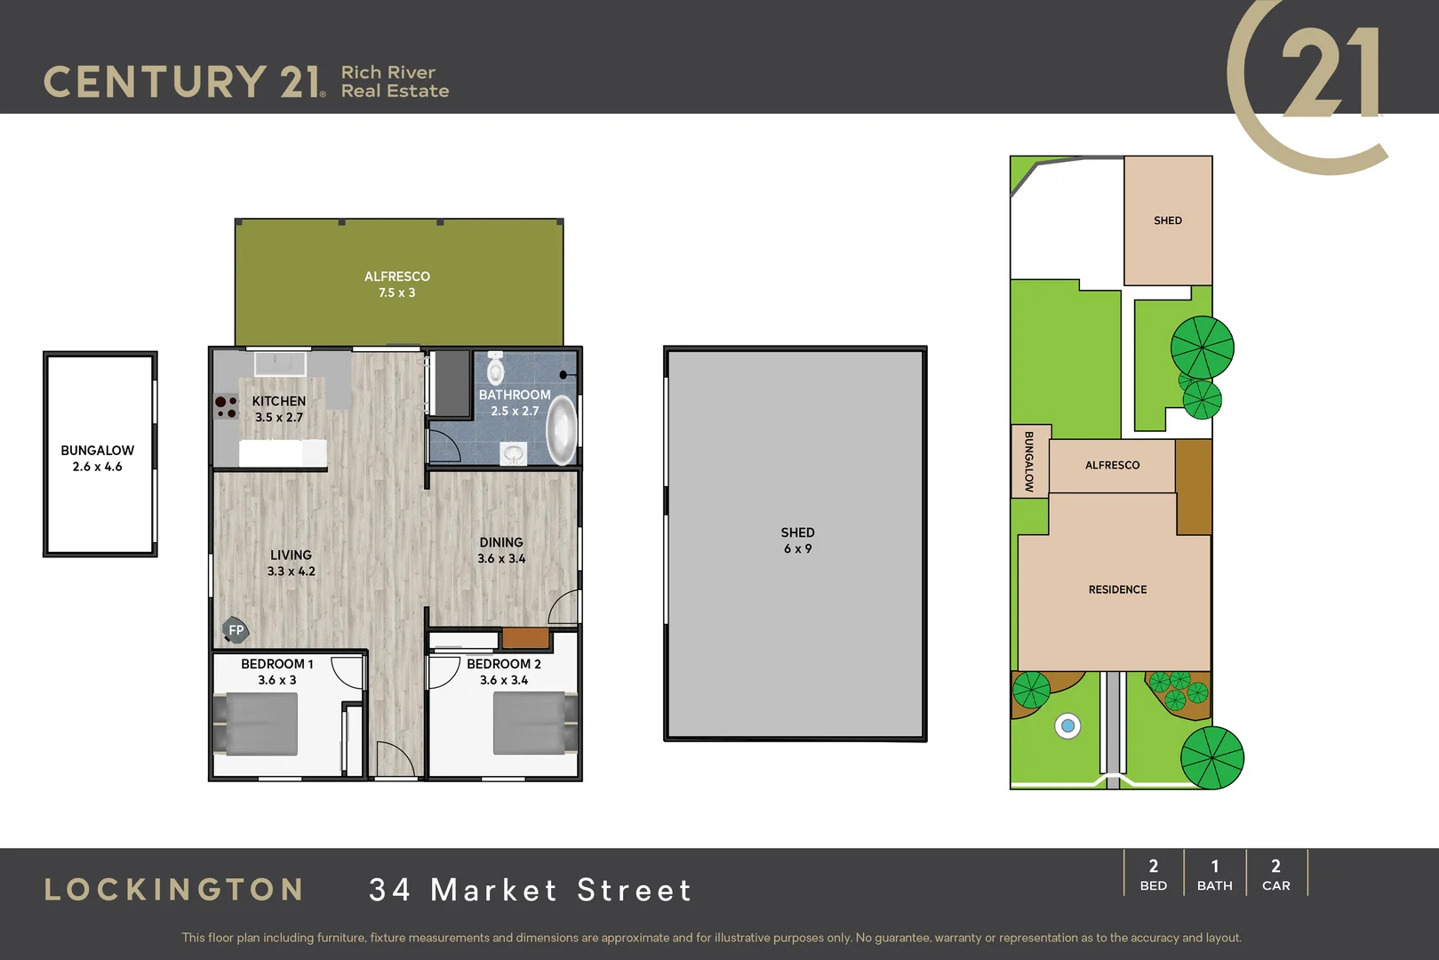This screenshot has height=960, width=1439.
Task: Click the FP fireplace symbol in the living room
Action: [236, 630]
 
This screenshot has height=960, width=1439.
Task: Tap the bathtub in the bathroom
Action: [561, 430]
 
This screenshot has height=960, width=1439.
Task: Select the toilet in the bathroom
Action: [496, 368]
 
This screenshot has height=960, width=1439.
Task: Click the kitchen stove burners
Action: [227, 407]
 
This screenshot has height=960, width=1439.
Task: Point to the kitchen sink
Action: [280, 363]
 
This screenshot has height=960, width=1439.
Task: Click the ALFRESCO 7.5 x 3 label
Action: [397, 284]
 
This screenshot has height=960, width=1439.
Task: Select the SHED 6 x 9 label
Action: [797, 540]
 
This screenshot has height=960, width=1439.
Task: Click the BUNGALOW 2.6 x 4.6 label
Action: [98, 458]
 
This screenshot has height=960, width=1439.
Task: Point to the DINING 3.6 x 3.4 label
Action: [501, 550]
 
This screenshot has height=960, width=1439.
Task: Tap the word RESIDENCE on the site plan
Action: [1117, 589]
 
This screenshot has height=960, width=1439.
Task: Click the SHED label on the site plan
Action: [1168, 220]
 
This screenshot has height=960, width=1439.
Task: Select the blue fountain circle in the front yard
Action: [1067, 726]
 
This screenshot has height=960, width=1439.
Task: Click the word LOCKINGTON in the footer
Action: [174, 890]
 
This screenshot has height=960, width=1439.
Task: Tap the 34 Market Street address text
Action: [531, 890]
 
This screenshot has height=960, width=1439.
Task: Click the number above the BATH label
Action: [1215, 867]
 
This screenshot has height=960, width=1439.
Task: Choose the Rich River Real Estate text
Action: [395, 82]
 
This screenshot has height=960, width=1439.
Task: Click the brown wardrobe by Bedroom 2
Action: [525, 637]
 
